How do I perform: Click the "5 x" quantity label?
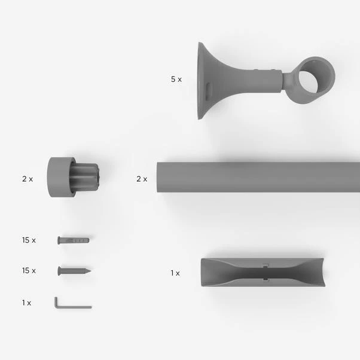click(176, 79)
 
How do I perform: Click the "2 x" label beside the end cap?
click(28, 178)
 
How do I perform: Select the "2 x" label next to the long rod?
click(141, 179)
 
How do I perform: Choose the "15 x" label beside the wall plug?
click(29, 240)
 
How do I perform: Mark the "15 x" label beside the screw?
click(29, 271)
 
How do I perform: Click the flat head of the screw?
click(60, 271)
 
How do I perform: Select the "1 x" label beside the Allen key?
click(26, 303)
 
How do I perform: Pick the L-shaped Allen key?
click(69, 305)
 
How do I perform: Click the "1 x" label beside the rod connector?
click(175, 273)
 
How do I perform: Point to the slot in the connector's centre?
click(266, 273)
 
